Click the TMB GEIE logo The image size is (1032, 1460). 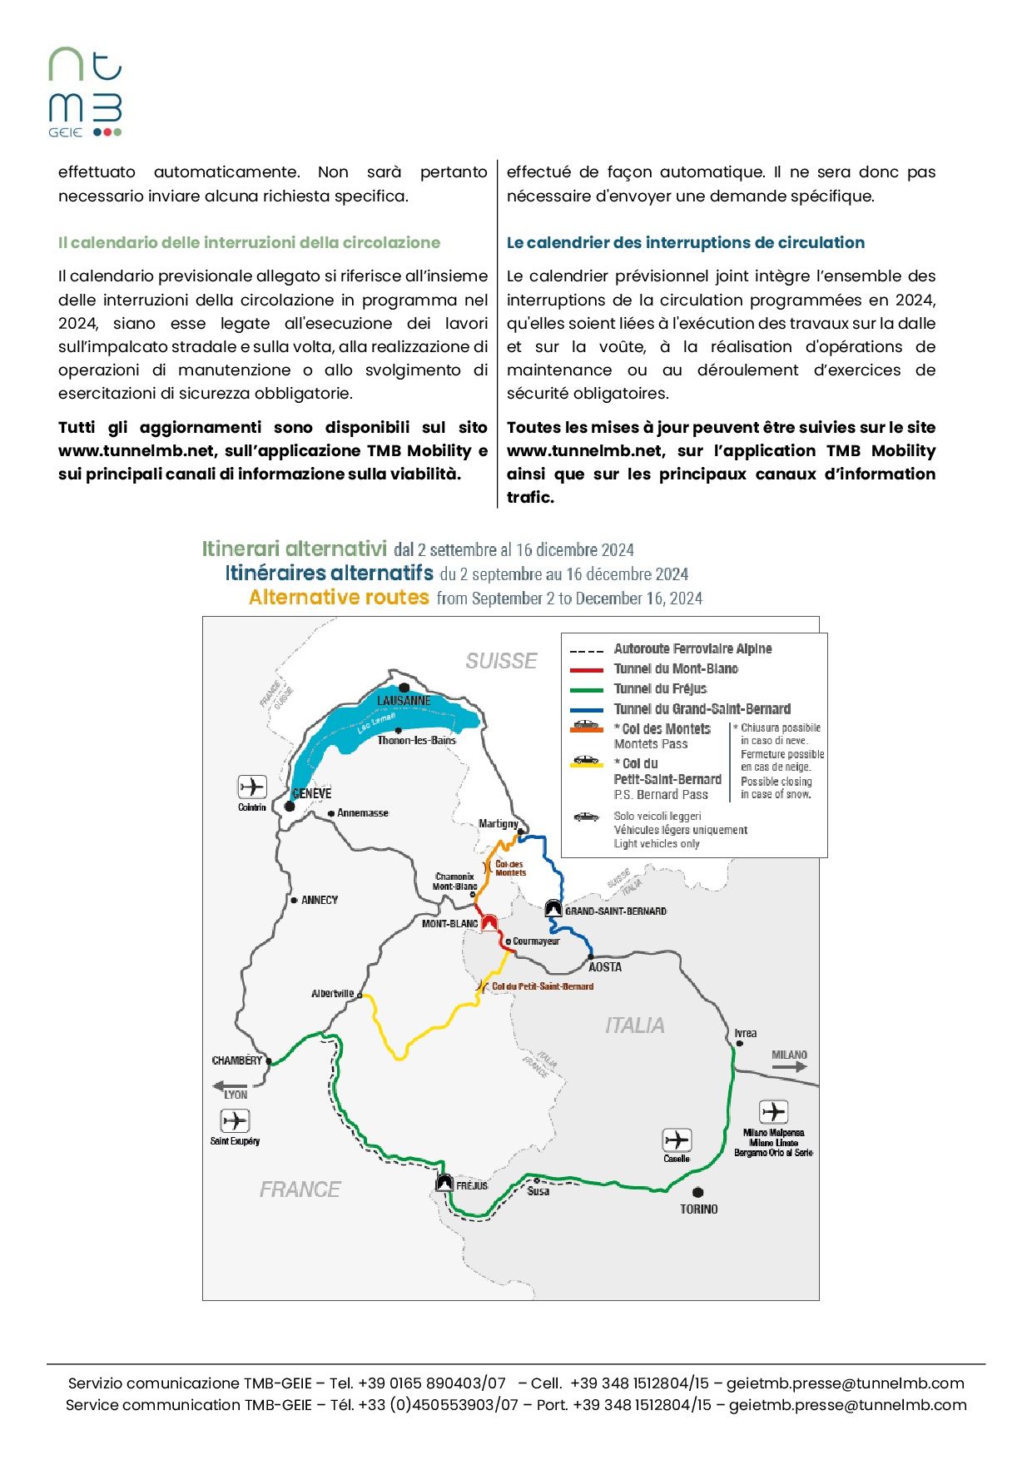tap(85, 92)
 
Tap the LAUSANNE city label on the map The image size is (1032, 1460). tap(404, 701)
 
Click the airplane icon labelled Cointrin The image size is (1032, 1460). tap(252, 787)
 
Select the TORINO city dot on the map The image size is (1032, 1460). tap(697, 1192)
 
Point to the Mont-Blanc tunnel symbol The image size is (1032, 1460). tap(489, 922)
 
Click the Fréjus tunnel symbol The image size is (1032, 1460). tap(444, 1183)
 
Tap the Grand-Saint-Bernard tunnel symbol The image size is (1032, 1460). tap(553, 909)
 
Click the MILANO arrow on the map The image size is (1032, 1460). tap(790, 1065)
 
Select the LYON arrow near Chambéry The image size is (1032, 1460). tap(230, 1085)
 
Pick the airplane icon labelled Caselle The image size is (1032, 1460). tap(677, 1140)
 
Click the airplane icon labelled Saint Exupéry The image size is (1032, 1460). tap(235, 1120)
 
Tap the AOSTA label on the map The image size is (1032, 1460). tap(605, 967)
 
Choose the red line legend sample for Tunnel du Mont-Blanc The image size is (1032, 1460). tap(586, 669)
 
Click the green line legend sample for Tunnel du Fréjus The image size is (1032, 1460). tap(586, 689)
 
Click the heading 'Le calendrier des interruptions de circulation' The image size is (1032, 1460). tap(685, 242)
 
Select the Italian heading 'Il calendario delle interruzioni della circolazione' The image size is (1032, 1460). tap(249, 242)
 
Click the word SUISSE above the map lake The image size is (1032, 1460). tap(501, 661)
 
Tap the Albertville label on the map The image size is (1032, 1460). tap(332, 994)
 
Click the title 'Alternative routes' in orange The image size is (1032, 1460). tap(339, 598)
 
